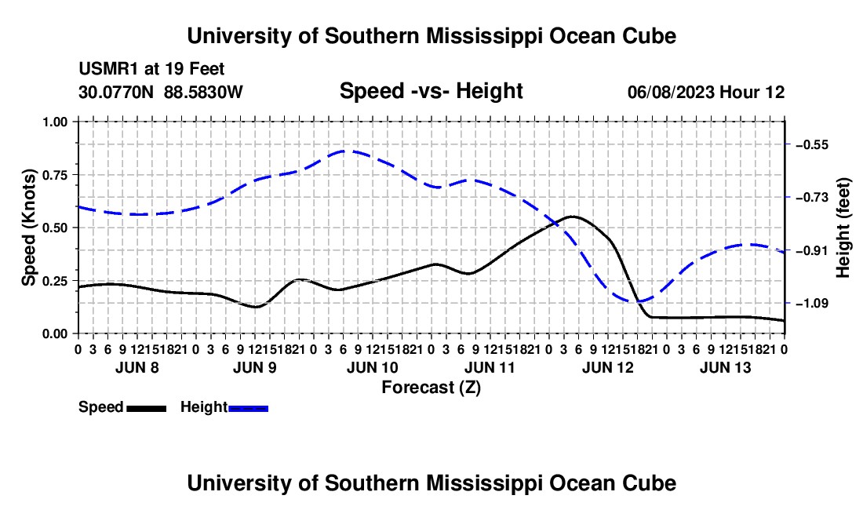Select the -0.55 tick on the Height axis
coord(811,144)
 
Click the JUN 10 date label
coord(372,367)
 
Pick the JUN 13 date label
coord(725,367)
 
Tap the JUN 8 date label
coord(137,367)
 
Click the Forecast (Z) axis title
coord(431,388)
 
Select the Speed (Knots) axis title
coord(28,228)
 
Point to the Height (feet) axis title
coord(843,228)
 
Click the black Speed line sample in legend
coord(147,408)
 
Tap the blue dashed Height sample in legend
coord(248,408)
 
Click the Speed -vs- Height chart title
coord(431,91)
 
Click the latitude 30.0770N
coord(116,92)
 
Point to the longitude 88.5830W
coord(203,92)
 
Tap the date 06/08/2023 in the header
coord(671,92)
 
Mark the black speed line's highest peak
coord(574,217)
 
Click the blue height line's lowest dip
coord(638,301)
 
